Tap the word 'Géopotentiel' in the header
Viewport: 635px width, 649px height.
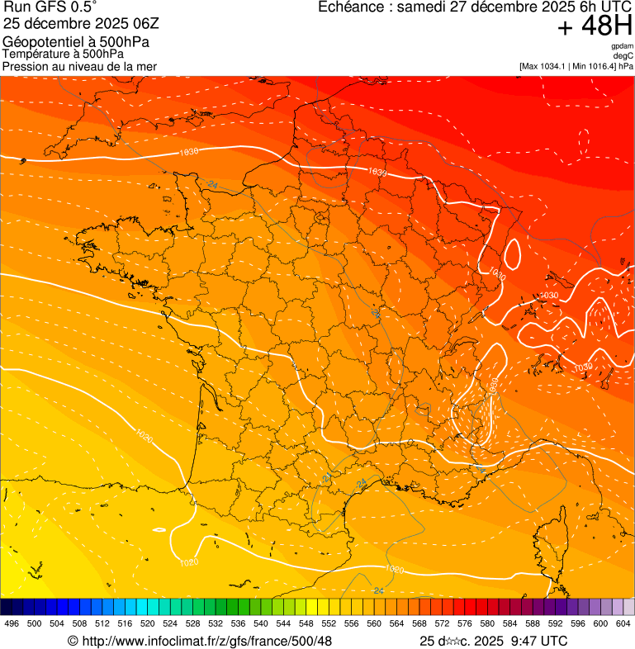(x=38, y=42)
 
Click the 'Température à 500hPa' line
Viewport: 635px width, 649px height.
(x=63, y=54)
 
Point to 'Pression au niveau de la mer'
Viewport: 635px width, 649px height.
(x=79, y=66)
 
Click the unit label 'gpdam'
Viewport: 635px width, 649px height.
(x=622, y=46)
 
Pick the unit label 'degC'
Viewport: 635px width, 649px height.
(x=623, y=55)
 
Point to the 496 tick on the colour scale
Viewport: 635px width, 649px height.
(x=12, y=624)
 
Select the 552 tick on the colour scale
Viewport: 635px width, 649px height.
(x=329, y=624)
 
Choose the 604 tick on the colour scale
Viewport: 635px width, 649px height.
(x=623, y=624)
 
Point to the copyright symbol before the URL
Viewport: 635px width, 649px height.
(x=73, y=641)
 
